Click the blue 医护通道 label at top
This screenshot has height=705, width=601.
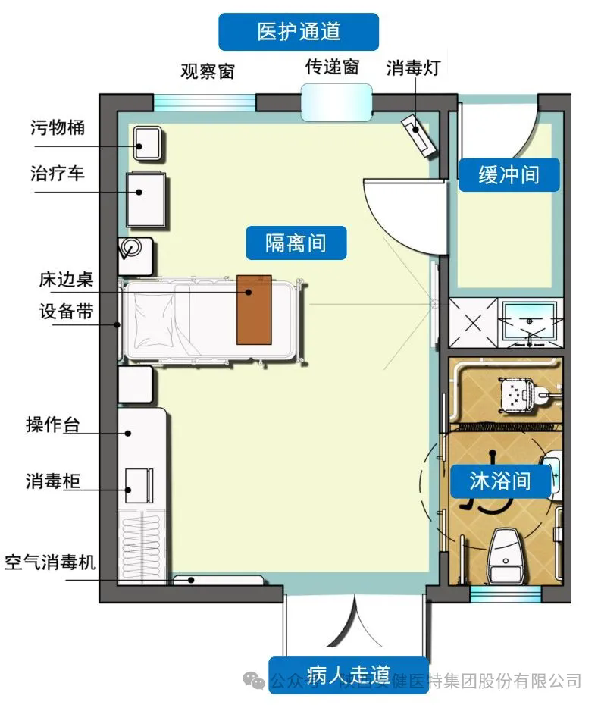[299, 31]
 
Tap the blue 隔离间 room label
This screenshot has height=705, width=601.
[296, 243]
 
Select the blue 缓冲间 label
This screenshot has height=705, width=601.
[509, 174]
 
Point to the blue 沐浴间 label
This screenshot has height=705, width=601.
[499, 481]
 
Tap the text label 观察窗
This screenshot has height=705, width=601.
[207, 71]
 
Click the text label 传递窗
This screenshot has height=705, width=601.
[331, 67]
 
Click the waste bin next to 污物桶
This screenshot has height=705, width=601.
[147, 143]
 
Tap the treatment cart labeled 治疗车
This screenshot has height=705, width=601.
[146, 198]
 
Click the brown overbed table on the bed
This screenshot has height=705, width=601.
[254, 309]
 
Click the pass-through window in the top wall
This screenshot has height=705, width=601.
[336, 102]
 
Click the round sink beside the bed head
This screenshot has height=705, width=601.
[133, 248]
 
